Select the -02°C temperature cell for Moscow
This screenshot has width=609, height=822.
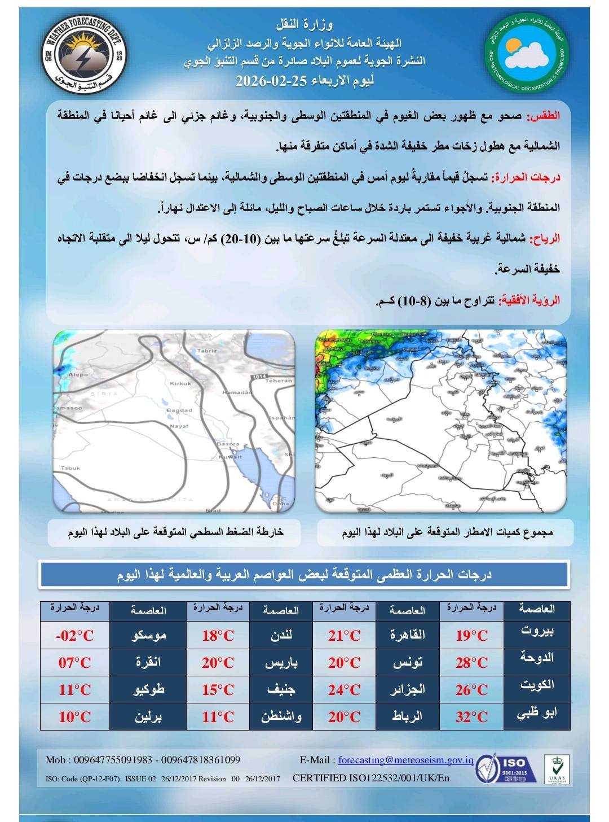point(75,636)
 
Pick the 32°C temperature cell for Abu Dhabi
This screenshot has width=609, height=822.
point(472,717)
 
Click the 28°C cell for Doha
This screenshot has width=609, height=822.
point(472,663)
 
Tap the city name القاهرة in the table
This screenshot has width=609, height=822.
point(407,635)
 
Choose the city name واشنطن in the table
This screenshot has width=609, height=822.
point(281,717)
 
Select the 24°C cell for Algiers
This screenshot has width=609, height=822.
point(345,690)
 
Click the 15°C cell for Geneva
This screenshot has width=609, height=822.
point(218,690)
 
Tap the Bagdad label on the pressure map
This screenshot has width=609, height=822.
point(180,410)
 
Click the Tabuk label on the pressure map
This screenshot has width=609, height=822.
point(70,468)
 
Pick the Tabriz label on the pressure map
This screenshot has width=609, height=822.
point(207,351)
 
